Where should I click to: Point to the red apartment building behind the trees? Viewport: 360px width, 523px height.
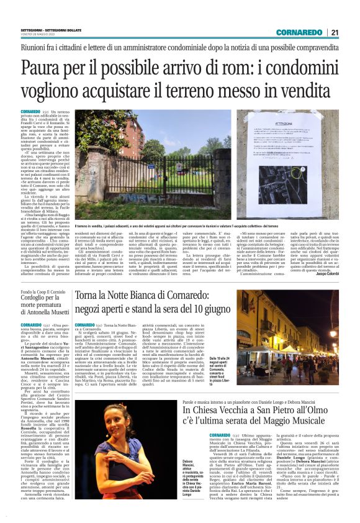click(x=109, y=146)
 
